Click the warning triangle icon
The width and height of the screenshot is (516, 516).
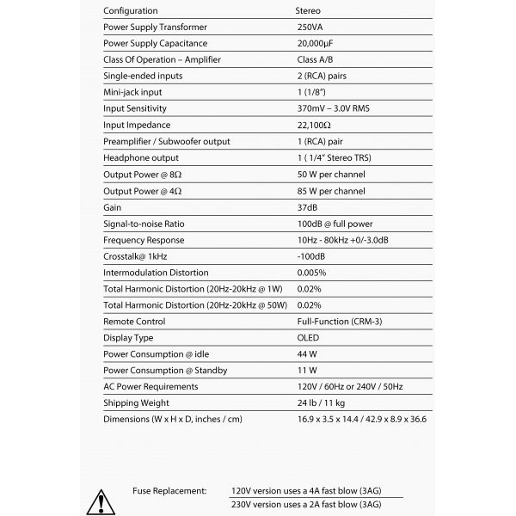click(101, 501)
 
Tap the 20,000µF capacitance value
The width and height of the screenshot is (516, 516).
click(317, 43)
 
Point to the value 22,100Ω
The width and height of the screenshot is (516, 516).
click(314, 125)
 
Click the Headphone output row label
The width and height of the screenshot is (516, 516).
click(141, 157)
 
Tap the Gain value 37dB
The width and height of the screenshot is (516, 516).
click(307, 207)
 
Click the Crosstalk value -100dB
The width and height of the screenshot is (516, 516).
click(310, 256)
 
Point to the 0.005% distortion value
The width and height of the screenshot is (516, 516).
click(311, 273)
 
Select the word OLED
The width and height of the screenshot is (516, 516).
click(309, 338)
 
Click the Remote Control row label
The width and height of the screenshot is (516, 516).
click(134, 322)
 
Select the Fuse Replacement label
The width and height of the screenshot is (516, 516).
click(169, 490)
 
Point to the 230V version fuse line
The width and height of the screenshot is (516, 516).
click(305, 505)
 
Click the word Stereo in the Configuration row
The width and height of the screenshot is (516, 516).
click(310, 10)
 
